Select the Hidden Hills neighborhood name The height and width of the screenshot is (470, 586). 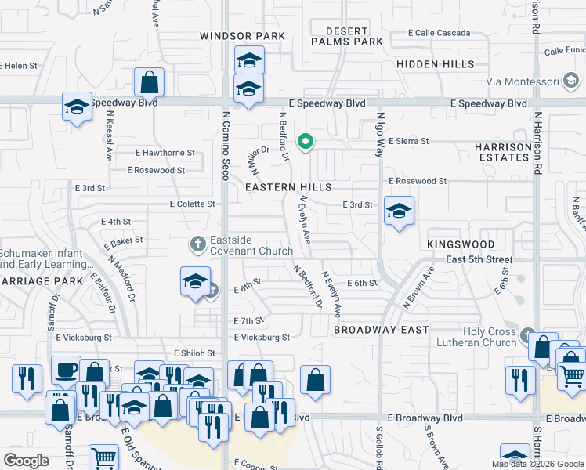tap(435, 63)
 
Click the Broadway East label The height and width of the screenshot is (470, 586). tap(381, 330)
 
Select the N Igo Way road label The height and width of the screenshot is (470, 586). tap(379, 133)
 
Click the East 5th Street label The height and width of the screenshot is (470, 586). tap(468, 259)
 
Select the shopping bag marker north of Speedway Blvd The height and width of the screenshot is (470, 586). tap(149, 82)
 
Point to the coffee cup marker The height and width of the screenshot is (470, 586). tap(66, 369)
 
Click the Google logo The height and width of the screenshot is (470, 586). tap(26, 461)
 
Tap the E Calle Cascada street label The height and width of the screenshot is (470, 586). tap(439, 33)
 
